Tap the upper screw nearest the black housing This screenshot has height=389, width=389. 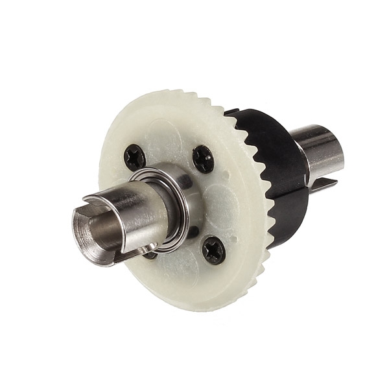203,158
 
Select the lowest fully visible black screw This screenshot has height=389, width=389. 213,250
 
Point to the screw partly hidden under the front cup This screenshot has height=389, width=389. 150,253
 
